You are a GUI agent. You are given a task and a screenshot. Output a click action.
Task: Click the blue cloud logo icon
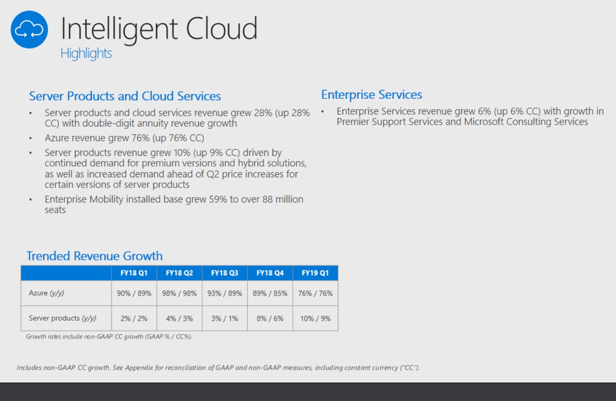[29, 29]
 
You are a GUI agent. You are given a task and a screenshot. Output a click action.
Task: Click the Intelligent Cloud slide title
[158, 28]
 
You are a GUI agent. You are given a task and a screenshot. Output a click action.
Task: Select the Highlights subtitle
[86, 53]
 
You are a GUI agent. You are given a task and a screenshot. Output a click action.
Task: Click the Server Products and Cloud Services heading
[125, 96]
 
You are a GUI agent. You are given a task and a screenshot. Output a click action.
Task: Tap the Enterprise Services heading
[371, 94]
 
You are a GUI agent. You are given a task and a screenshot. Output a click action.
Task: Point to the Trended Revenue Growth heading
[94, 255]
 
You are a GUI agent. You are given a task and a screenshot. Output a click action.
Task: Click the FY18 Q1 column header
[134, 273]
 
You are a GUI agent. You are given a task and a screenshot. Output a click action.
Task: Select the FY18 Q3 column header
[224, 273]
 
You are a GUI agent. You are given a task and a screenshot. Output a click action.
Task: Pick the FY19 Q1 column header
[315, 273]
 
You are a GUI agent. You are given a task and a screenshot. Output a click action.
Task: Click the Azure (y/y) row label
[47, 293]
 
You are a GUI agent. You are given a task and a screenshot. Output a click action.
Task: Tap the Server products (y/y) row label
[62, 318]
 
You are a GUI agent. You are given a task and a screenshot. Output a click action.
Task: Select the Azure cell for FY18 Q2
[179, 293]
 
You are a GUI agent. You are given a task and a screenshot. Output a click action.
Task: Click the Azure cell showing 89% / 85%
[270, 293]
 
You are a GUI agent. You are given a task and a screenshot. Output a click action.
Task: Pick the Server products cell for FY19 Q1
[315, 318]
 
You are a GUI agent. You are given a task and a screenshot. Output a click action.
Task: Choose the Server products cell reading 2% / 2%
[134, 318]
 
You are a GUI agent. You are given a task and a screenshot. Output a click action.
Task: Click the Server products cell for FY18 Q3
[224, 318]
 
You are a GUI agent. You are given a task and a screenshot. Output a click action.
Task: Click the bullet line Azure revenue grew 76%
[124, 138]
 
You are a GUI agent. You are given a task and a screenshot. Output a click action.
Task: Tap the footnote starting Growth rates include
[109, 336]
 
